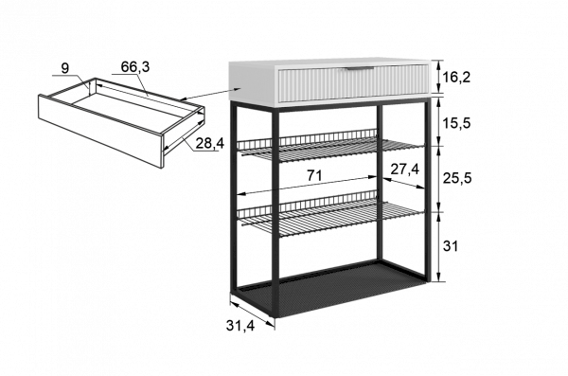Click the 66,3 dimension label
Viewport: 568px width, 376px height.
pos(134,66)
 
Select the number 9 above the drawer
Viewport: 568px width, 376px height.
pos(65,68)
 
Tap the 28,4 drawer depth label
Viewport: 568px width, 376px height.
pos(210,144)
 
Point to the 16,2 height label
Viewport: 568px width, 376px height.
pos(457,77)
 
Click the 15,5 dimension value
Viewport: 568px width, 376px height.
pos(457,123)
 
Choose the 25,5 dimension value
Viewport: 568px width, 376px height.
pos(457,178)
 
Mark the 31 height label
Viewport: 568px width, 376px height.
pos(451,246)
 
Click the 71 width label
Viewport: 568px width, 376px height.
pos(314,176)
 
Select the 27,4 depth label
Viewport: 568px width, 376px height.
pos(404,169)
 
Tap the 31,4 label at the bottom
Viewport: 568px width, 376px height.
pos(240,326)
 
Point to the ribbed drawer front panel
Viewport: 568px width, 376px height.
pos(353,83)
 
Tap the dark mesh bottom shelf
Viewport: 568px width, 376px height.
pos(328,289)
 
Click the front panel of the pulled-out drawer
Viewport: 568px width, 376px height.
pos(100,132)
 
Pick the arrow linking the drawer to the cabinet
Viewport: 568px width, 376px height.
pos(210,93)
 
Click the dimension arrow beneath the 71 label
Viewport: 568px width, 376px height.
pos(307,186)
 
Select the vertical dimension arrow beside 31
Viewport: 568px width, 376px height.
pos(439,246)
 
